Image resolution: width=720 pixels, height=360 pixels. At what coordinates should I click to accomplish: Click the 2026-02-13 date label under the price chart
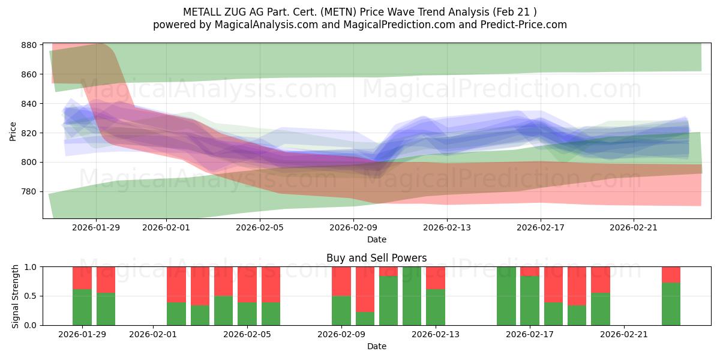click(x=447, y=227)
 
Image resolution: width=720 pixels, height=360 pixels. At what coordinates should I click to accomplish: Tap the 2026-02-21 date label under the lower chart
click(x=624, y=334)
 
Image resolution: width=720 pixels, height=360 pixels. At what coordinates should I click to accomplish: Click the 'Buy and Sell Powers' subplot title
click(x=376, y=258)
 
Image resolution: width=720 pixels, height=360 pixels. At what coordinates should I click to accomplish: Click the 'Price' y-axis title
click(x=13, y=130)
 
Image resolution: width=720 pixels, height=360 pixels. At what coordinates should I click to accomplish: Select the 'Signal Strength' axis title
click(x=16, y=296)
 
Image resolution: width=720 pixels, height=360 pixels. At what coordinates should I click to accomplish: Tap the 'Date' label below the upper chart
click(x=376, y=239)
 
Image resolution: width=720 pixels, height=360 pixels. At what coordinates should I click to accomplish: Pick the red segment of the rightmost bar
click(x=671, y=275)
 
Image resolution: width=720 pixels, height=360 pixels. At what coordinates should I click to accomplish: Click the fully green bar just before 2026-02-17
click(x=506, y=296)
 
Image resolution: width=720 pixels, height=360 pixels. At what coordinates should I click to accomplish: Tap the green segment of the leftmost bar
click(x=82, y=307)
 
